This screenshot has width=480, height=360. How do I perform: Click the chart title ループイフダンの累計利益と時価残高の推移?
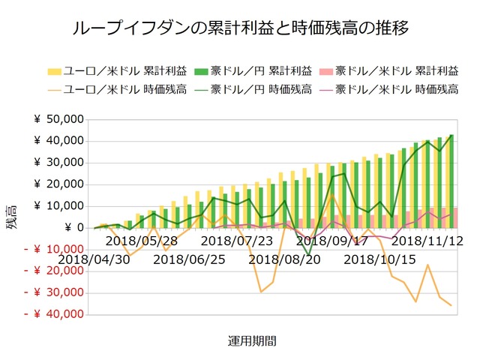pos(240,29)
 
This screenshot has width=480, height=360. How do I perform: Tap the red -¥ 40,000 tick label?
pos(52,314)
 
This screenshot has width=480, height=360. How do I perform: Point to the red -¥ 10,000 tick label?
pos(52,250)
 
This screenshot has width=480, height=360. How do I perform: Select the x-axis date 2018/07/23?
pos(236,241)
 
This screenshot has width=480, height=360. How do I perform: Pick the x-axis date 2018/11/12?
pos(427,241)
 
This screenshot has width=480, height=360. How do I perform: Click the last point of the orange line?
pos(451,305)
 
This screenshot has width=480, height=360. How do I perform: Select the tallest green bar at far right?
pos(451,181)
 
